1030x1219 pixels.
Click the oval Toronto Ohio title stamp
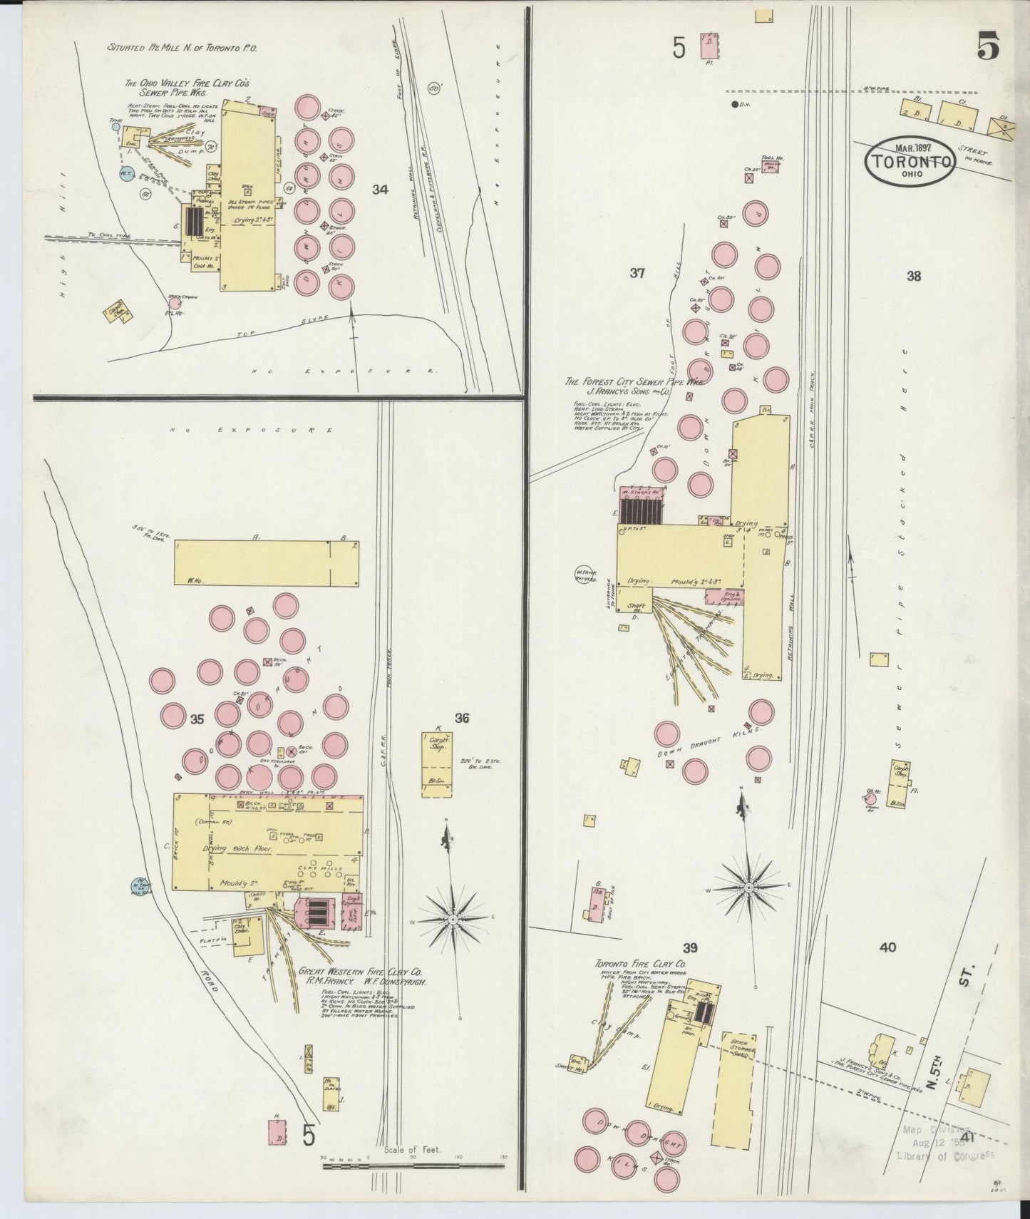tap(910, 161)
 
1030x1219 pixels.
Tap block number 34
tap(380, 190)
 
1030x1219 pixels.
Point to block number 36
tap(462, 719)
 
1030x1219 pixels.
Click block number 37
tap(637, 272)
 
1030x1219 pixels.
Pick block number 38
tap(913, 277)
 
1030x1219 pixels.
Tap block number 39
tap(689, 947)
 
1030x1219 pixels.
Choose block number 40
tap(887, 947)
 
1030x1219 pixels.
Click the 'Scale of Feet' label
tap(412, 1150)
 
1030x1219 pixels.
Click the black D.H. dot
tap(735, 105)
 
